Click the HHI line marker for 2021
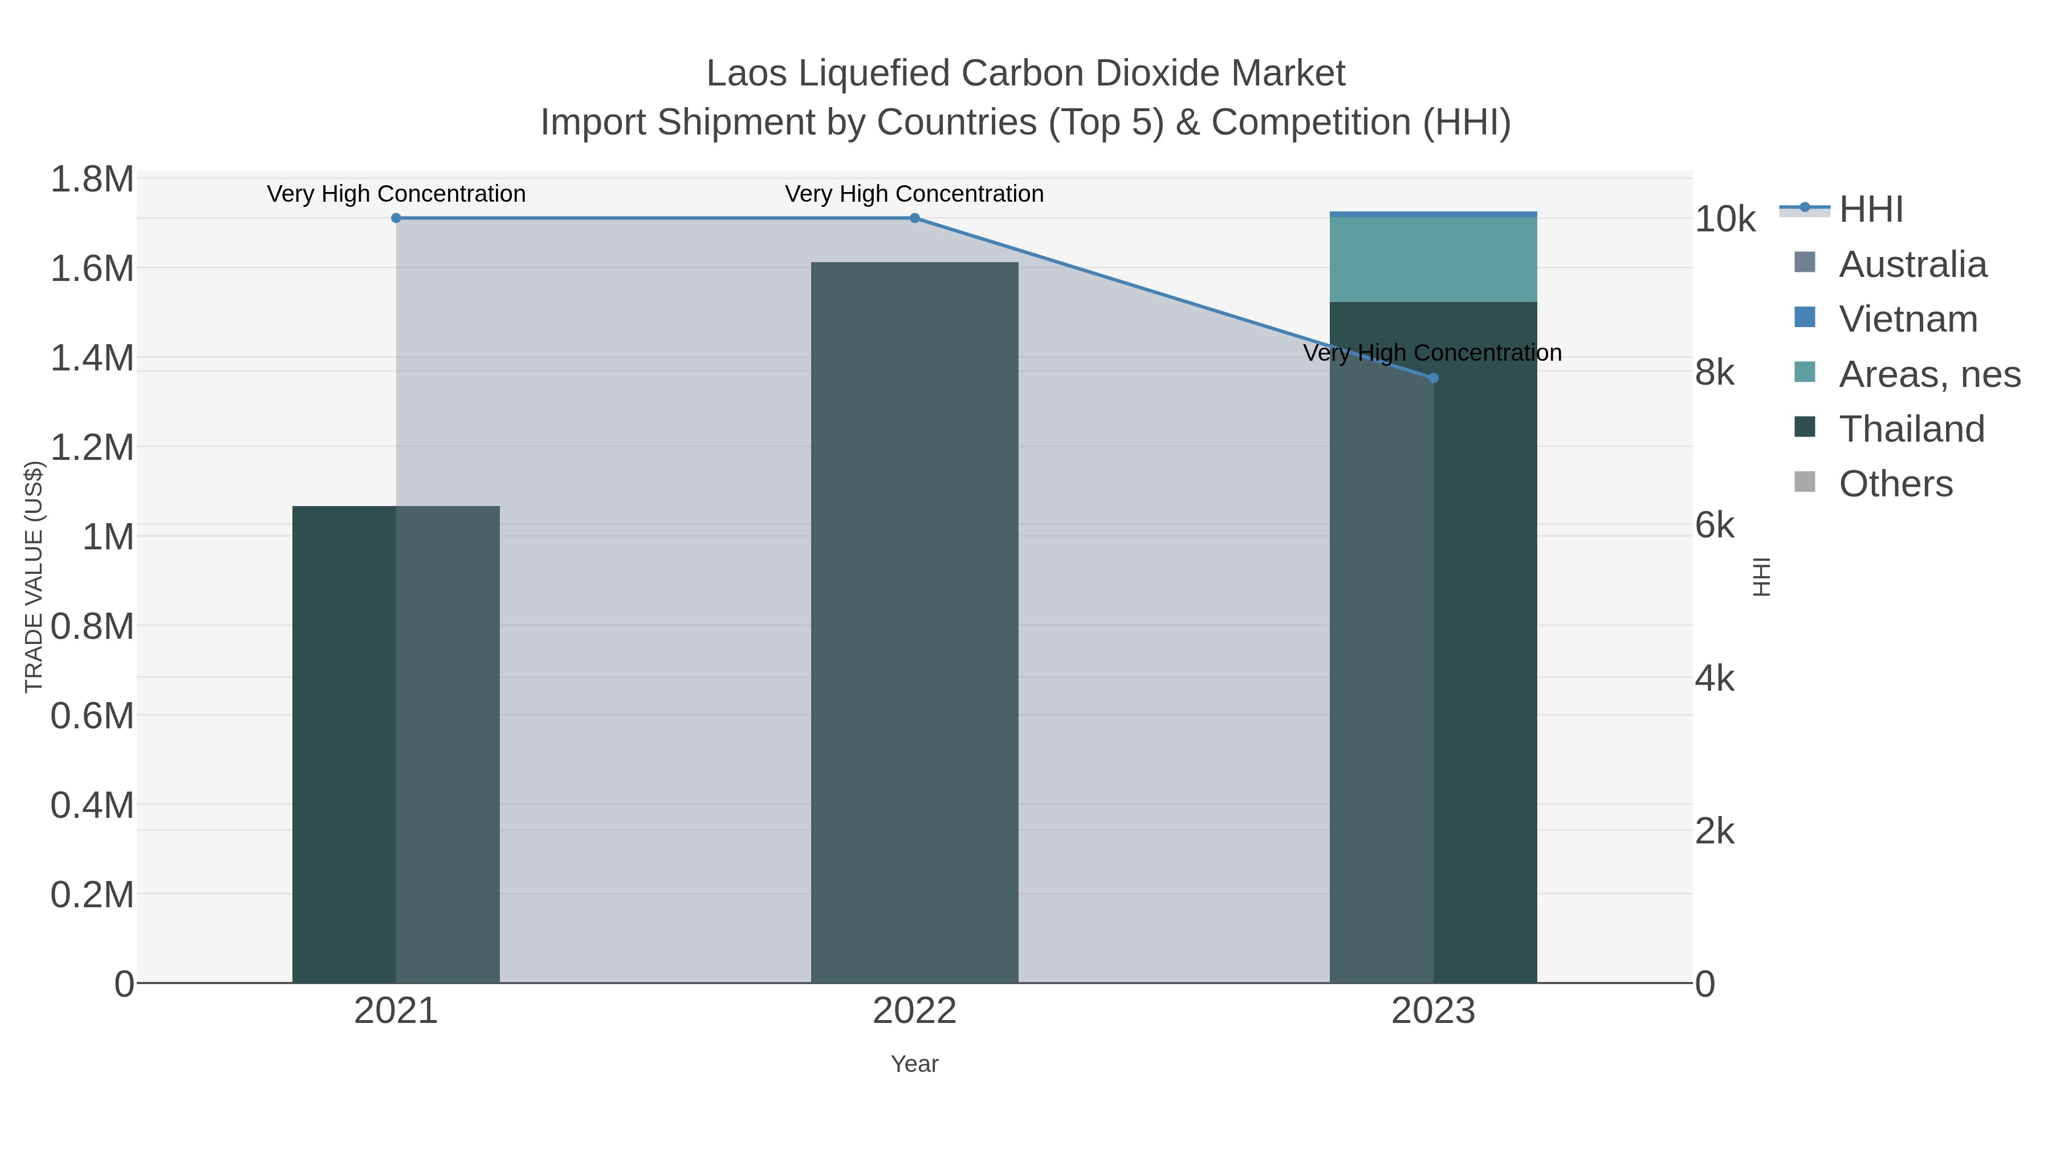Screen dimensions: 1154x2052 396,218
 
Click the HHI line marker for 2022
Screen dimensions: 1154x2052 914,218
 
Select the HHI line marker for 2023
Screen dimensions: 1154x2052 1433,378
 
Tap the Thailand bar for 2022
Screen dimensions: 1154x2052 914,621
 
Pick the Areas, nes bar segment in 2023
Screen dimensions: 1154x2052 1433,260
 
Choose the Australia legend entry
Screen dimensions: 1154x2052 1912,264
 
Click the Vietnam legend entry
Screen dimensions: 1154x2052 1908,319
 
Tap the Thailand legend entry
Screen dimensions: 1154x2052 1911,429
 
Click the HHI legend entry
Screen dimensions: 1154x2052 1870,210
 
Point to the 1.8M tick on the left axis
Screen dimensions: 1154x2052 92,179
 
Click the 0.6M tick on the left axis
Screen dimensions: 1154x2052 92,716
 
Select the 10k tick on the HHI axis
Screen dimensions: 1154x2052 1725,220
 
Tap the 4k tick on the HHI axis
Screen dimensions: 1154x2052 1715,679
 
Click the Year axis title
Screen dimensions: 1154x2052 914,1064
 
